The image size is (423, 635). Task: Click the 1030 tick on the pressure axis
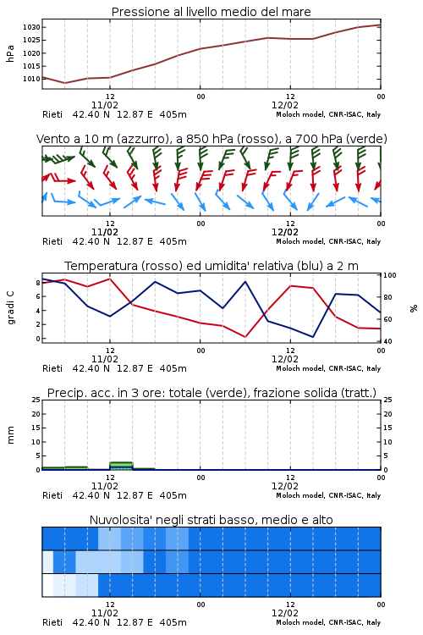(31, 27)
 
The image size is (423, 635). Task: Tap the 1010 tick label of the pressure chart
(31, 79)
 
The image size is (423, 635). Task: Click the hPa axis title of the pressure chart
(10, 53)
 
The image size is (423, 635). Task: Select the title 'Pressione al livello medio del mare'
(211, 12)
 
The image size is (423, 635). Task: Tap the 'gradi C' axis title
(10, 307)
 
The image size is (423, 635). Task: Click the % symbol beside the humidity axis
(414, 308)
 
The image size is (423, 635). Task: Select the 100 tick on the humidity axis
(390, 275)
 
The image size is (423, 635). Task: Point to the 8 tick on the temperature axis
(38, 283)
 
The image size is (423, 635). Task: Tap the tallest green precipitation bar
(121, 466)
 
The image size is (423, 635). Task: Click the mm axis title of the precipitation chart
(10, 434)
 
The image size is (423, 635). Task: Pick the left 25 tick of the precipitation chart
(36, 400)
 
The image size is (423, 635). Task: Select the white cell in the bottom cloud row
(47, 585)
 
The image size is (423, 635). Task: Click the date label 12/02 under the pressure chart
(285, 105)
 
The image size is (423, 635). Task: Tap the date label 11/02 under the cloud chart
(105, 613)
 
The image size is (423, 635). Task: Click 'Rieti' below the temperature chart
(52, 368)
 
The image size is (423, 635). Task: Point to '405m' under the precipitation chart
(173, 495)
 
